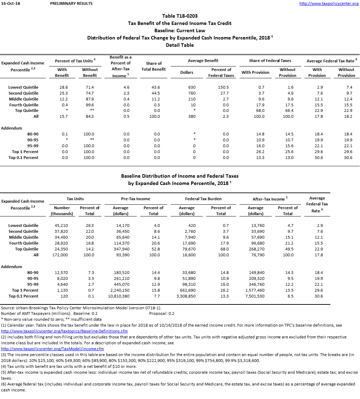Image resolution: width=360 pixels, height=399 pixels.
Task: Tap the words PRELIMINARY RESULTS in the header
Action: (71, 3)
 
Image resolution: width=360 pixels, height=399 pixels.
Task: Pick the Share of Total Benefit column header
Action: (154, 66)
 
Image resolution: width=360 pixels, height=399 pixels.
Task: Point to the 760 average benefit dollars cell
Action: (191, 93)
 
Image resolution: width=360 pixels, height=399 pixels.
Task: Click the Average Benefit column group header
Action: (203, 61)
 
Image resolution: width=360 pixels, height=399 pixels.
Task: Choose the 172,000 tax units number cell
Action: (60, 255)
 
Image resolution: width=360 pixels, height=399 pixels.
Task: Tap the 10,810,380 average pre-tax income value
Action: (119, 296)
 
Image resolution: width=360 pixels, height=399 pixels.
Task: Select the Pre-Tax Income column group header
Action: (136, 199)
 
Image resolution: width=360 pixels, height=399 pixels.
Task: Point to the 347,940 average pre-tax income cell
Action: (121, 249)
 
